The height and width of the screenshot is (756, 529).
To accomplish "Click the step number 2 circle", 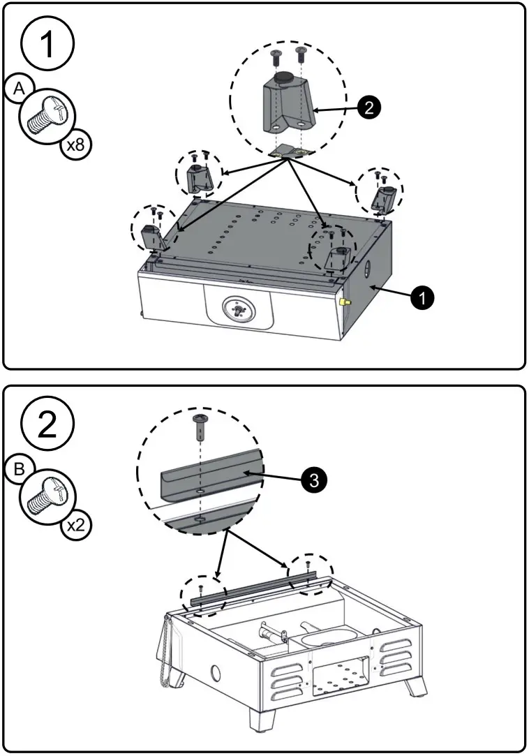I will click(47, 424).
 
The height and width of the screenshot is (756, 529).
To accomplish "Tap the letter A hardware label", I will click(20, 90).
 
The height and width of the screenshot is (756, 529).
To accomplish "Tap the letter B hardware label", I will click(20, 470).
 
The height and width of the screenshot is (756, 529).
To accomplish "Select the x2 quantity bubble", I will click(75, 525).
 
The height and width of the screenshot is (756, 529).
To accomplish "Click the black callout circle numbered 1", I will click(422, 297).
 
